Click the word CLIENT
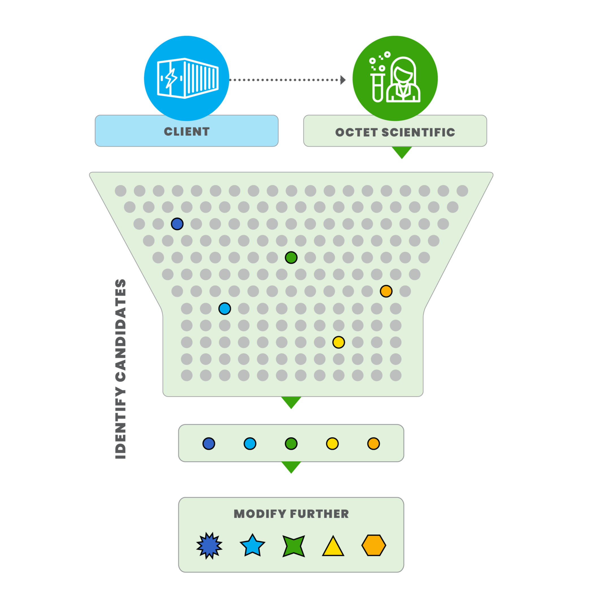pyautogui.click(x=187, y=131)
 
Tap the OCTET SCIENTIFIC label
pyautogui.click(x=395, y=132)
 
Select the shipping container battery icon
pyautogui.click(x=187, y=78)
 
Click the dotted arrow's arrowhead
pyautogui.click(x=343, y=80)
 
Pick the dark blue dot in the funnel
pyautogui.click(x=177, y=224)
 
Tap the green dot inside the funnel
pyautogui.click(x=291, y=258)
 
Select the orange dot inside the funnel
pyautogui.click(x=386, y=291)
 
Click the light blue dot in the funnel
pyautogui.click(x=225, y=309)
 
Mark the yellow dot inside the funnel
pyautogui.click(x=338, y=342)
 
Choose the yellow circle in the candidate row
pyautogui.click(x=332, y=443)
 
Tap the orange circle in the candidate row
pyautogui.click(x=374, y=443)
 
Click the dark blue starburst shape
pyautogui.click(x=209, y=546)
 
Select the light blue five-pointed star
pyautogui.click(x=253, y=546)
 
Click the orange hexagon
pyautogui.click(x=374, y=545)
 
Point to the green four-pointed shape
pyautogui.click(x=294, y=546)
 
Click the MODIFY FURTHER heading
pyautogui.click(x=291, y=514)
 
